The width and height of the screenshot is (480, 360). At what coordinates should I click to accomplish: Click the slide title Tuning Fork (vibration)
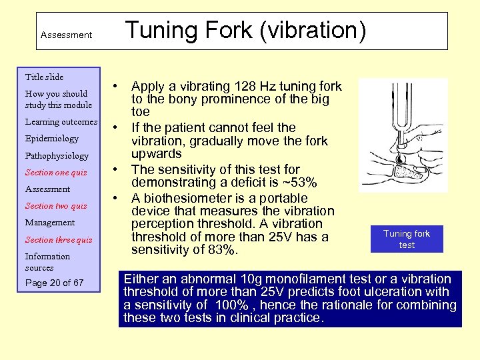[245, 31]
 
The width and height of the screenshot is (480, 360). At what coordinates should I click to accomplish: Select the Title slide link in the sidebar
[44, 77]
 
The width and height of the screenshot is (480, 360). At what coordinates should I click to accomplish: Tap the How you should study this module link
[58, 99]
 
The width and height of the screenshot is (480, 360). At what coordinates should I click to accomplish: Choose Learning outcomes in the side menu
[61, 122]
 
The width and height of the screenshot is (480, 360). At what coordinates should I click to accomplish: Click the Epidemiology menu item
[51, 139]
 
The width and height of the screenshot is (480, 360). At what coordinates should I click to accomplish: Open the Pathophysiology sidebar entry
[57, 156]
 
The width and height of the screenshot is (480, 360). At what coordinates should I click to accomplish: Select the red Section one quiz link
[56, 173]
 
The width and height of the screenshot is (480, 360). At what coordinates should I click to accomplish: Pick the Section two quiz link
[56, 206]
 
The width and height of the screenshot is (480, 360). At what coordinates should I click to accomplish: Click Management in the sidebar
[50, 223]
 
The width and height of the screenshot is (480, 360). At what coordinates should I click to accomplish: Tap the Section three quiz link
[59, 240]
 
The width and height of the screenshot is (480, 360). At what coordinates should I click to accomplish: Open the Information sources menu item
[47, 262]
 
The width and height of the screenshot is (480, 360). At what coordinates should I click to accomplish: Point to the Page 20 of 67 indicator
[54, 283]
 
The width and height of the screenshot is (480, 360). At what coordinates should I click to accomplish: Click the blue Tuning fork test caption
[407, 239]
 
